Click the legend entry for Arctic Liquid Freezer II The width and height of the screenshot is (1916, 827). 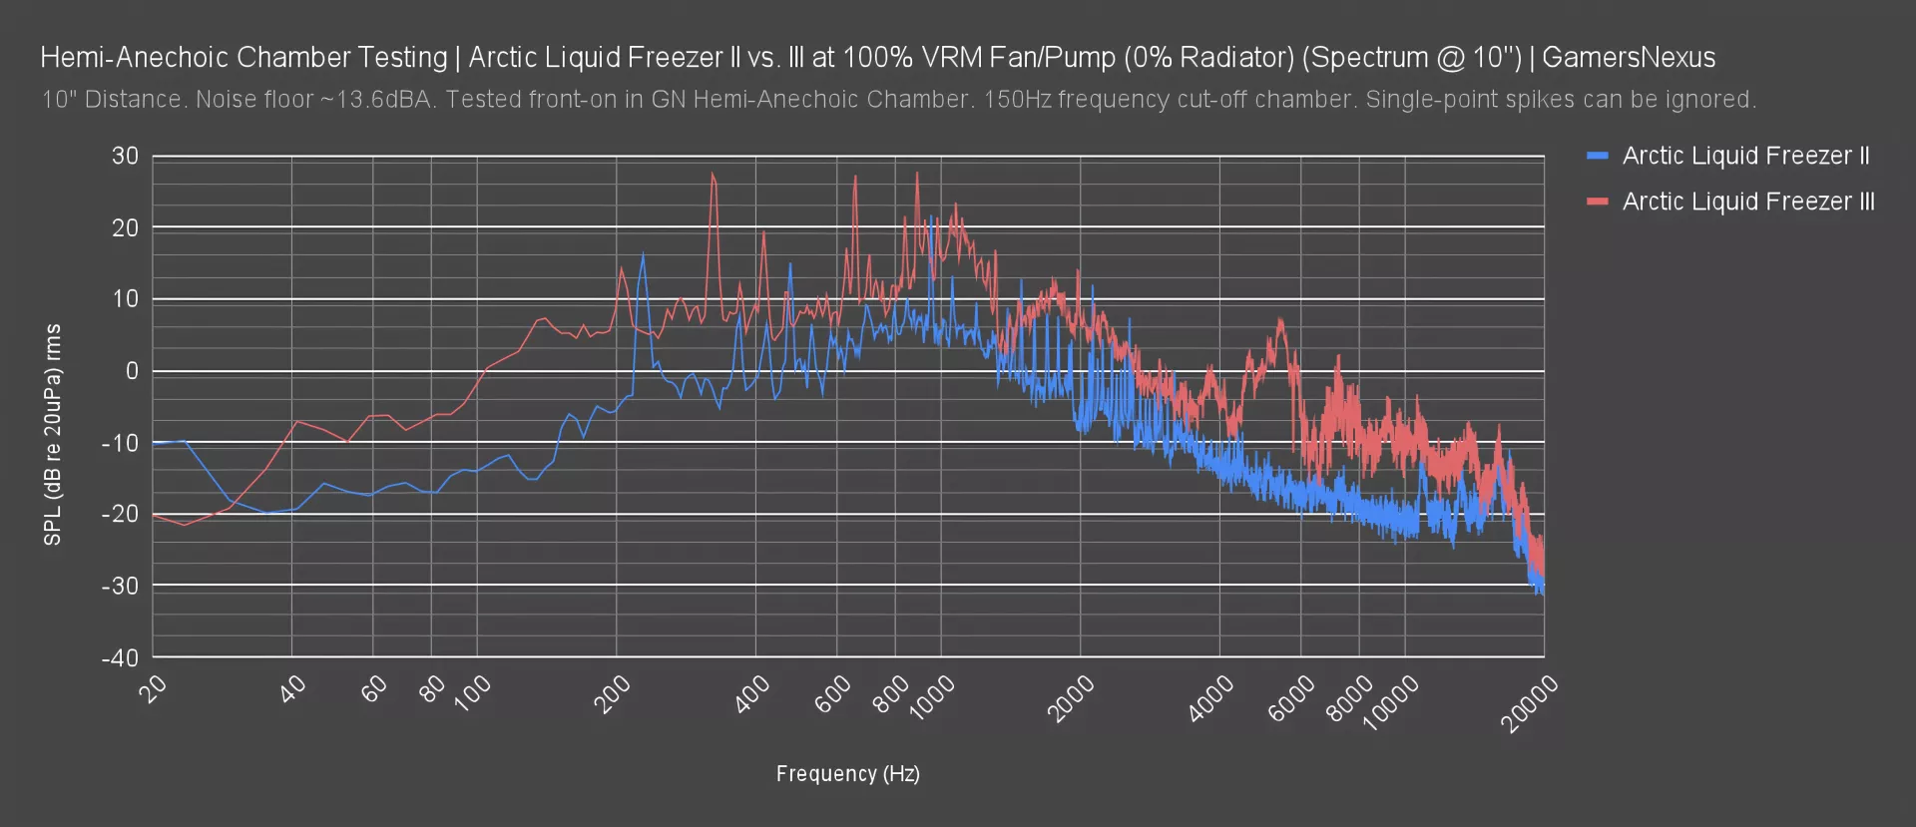pos(1744,156)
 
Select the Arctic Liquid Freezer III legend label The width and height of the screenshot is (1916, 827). pos(1747,202)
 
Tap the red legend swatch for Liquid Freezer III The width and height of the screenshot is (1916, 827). pos(1598,202)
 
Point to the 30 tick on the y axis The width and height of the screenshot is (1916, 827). pos(126,156)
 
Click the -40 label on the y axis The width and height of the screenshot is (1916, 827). pos(121,658)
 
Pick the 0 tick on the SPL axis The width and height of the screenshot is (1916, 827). pos(132,371)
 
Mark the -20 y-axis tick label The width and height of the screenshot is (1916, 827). pos(121,515)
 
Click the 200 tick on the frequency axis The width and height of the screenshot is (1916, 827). pos(612,694)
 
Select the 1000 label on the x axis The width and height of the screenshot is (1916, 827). pos(932,697)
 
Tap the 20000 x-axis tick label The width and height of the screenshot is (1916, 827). pos(1530,703)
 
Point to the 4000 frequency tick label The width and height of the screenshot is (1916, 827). pos(1211,697)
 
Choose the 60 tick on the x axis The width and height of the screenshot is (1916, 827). pos(373,688)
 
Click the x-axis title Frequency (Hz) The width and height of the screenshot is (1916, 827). pos(848,774)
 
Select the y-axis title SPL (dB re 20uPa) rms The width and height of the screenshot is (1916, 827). pos(53,435)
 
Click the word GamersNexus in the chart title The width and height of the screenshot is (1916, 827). pos(1629,58)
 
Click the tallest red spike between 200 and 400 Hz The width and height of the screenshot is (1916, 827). pos(713,174)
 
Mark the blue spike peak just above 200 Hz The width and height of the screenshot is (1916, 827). pos(643,254)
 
